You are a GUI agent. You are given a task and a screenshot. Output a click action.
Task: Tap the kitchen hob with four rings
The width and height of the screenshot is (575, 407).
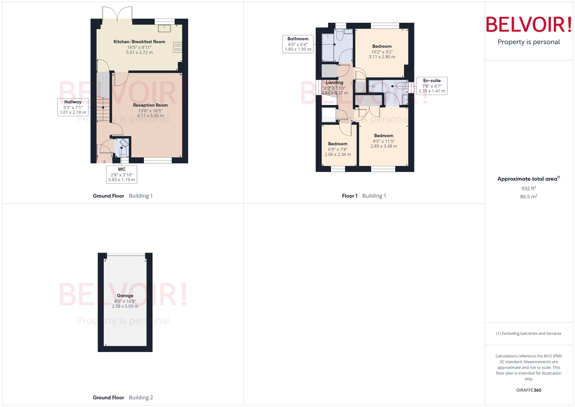point(177,47)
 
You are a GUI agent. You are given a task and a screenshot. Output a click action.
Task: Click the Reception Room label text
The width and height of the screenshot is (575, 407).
point(150,105)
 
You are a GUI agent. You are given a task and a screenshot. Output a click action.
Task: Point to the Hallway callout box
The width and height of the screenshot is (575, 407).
point(73,107)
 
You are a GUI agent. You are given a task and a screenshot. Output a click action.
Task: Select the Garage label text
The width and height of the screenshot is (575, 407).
point(125,295)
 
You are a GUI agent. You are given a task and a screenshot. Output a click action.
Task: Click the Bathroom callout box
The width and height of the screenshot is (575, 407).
point(298,44)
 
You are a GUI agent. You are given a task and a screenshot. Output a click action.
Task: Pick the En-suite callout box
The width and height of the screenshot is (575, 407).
point(432,86)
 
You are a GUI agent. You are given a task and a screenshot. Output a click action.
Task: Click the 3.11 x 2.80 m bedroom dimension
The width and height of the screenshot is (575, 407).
point(382,57)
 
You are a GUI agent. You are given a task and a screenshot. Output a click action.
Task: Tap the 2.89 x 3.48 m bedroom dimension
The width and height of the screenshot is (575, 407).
point(384,146)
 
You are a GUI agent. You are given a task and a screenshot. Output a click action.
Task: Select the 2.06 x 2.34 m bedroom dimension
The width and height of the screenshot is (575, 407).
point(338,154)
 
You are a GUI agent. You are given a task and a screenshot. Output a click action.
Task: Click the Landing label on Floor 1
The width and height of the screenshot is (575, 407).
point(334,82)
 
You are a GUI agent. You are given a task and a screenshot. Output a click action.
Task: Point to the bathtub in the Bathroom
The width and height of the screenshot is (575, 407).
point(328,47)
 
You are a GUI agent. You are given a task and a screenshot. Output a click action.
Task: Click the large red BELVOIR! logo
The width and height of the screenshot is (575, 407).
point(529,24)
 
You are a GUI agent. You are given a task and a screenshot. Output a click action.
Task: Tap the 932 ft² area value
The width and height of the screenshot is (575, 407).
point(529,188)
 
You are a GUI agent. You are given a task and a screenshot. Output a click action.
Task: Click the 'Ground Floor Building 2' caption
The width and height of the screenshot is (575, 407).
point(123,397)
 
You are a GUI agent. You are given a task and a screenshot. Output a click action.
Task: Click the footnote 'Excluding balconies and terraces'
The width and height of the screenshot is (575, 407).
point(529,333)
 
